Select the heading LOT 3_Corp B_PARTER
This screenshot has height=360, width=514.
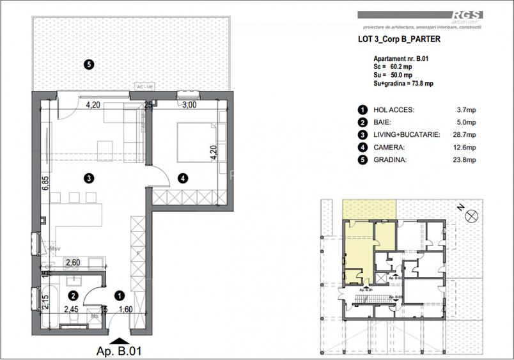(x=398, y=38)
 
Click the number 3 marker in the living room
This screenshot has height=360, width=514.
(x=88, y=178)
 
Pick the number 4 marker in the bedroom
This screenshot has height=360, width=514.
(x=183, y=178)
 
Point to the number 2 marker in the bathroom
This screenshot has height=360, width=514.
(x=74, y=295)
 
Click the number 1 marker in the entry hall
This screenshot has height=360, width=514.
(x=119, y=295)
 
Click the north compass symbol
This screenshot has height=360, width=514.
(x=471, y=216)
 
